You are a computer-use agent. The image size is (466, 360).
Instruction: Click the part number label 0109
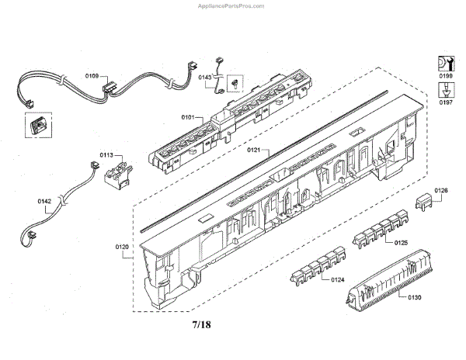[92, 76]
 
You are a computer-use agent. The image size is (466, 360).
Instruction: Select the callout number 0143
[205, 78]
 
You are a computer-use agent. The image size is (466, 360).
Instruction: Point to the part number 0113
[106, 154]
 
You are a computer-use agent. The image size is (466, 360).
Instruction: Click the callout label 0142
[44, 202]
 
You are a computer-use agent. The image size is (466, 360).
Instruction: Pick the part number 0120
[122, 247]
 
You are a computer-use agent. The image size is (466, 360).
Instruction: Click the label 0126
[441, 190]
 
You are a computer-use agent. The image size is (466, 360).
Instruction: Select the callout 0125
[401, 243]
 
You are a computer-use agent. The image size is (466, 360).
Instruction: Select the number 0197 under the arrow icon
[447, 102]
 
